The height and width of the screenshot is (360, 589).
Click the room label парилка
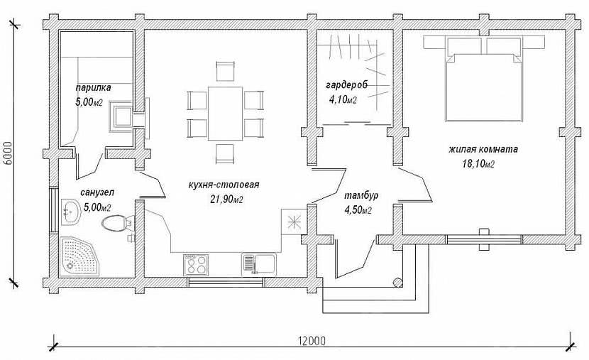(93, 88)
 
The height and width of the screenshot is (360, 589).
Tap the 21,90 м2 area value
(226, 199)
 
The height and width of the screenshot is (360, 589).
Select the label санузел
(97, 192)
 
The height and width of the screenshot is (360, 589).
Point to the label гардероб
(346, 85)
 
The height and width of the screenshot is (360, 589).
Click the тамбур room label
(361, 196)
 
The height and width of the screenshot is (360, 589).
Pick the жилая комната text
(483, 149)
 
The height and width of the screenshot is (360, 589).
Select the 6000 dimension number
(9, 153)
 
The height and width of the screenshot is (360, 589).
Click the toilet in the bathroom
(117, 223)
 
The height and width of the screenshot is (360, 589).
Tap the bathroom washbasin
(71, 212)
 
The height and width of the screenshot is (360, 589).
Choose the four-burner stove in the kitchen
(196, 264)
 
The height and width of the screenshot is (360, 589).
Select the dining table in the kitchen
(226, 113)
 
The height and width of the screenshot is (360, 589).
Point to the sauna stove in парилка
(121, 116)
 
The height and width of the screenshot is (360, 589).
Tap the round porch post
(397, 282)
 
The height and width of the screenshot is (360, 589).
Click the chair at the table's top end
(226, 71)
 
